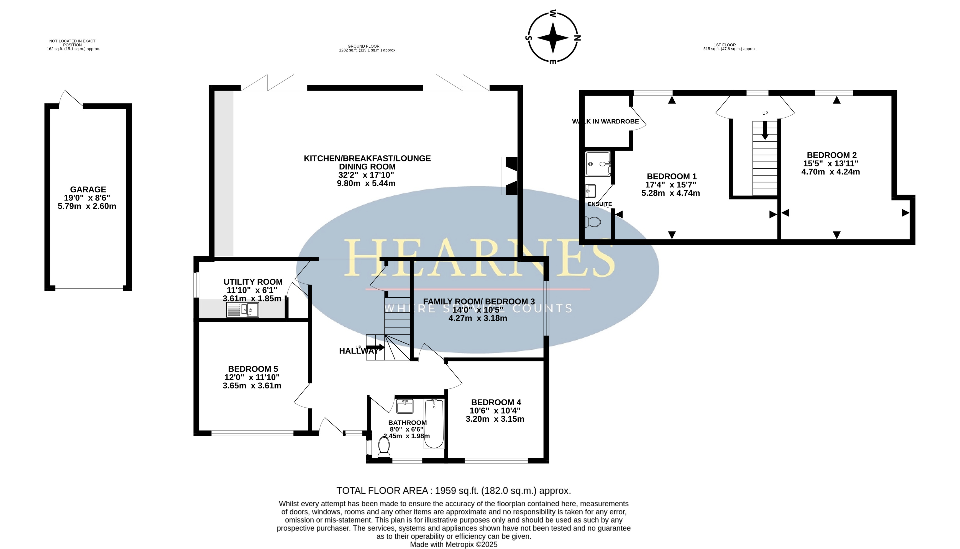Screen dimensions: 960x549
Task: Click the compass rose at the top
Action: pos(553,37)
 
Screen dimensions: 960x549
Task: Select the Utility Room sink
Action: pos(242,310)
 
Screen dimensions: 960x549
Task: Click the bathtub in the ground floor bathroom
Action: pos(434,424)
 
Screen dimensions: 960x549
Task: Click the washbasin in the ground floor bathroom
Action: pos(405,406)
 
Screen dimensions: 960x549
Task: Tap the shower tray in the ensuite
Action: pos(598,164)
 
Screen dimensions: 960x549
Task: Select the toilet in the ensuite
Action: pos(593,222)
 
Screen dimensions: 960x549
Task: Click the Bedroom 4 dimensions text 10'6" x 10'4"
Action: pos(495,411)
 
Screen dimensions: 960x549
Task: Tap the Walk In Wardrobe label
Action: pos(605,122)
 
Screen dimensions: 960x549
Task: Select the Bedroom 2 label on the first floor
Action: pos(832,155)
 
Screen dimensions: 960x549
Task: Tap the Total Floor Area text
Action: pos(454,491)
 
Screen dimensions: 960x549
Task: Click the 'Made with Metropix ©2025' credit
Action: pos(454,545)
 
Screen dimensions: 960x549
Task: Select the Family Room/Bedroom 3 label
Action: pos(479,302)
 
